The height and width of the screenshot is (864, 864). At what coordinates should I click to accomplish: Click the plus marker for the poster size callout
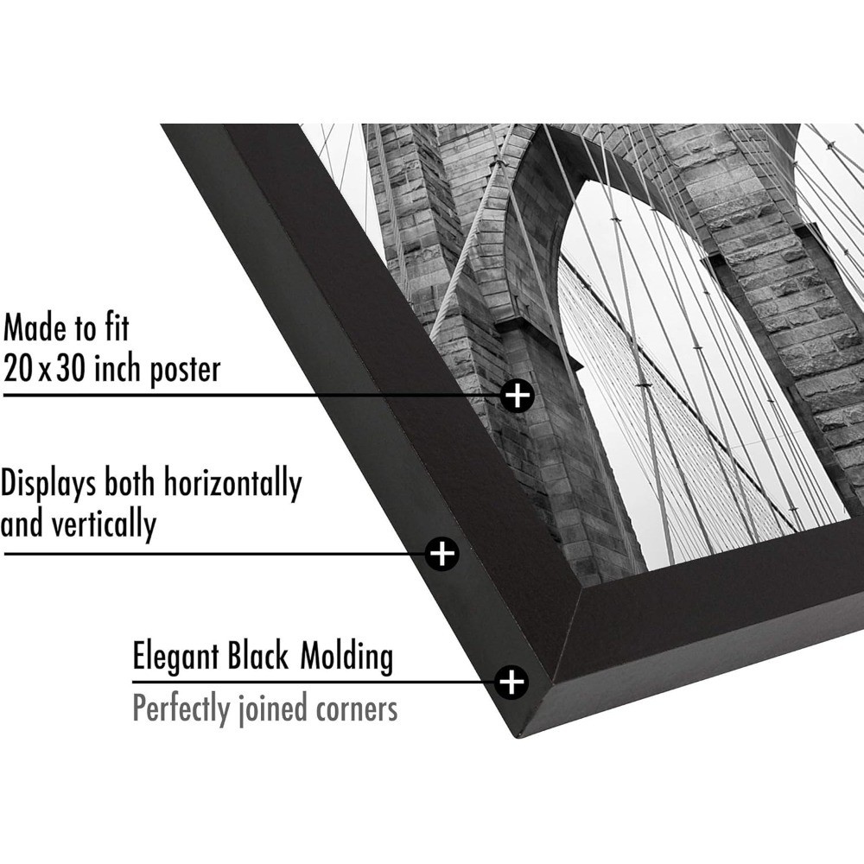518,396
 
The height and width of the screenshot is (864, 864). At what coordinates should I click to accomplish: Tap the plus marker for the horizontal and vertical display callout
442,552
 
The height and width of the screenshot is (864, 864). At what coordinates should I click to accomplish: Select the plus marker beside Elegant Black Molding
512,682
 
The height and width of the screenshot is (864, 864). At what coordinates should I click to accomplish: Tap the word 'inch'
117,369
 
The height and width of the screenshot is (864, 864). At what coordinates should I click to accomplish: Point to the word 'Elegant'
175,658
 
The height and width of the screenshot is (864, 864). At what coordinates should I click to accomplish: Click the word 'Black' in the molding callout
258,658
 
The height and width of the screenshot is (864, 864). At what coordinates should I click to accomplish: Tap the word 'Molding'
346,658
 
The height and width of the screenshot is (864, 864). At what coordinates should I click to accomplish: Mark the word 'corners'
354,710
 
